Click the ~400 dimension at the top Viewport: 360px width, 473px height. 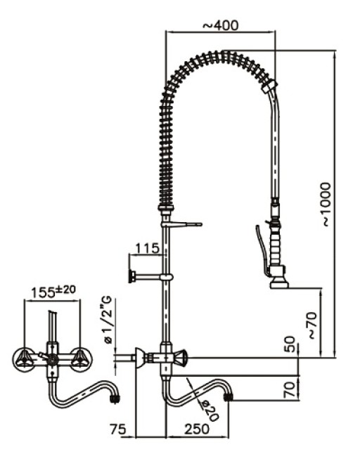pyautogui.click(x=220, y=25)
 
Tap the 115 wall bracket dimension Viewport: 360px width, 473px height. pyautogui.click(x=146, y=248)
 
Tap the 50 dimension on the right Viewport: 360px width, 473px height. pyautogui.click(x=289, y=345)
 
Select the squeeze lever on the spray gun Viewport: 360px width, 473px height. pyautogui.click(x=262, y=250)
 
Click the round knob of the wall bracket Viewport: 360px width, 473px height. pyautogui.click(x=131, y=276)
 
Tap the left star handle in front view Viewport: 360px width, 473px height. pyautogui.click(x=25, y=358)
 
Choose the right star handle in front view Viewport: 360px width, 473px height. pyautogui.click(x=79, y=358)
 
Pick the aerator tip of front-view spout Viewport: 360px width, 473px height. pyautogui.click(x=114, y=399)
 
